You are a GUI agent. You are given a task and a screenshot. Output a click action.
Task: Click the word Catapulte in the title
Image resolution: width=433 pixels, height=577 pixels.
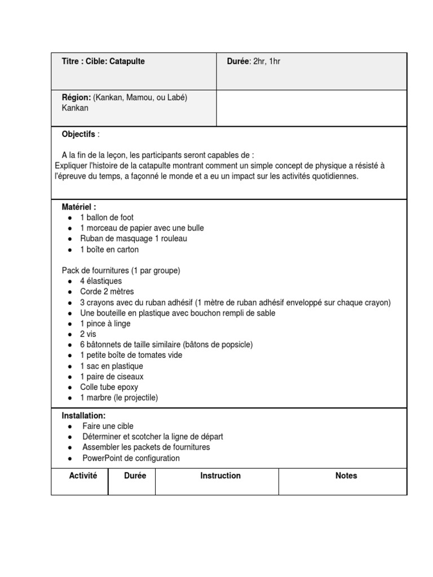pyautogui.click(x=127, y=61)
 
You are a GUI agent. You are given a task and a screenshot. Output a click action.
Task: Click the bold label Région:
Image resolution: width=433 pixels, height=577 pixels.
pyautogui.click(x=76, y=97)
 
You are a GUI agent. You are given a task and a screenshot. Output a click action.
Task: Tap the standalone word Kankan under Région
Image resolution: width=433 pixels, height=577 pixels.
pyautogui.click(x=75, y=108)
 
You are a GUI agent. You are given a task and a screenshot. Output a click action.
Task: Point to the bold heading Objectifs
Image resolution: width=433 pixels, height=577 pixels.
pyautogui.click(x=78, y=134)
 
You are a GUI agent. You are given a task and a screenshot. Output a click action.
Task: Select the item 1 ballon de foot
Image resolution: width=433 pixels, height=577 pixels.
pyautogui.click(x=107, y=218)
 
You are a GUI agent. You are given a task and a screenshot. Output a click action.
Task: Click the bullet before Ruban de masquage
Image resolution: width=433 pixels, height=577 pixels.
pyautogui.click(x=69, y=239)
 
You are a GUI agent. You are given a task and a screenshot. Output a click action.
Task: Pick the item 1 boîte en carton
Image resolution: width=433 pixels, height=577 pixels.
pyautogui.click(x=109, y=250)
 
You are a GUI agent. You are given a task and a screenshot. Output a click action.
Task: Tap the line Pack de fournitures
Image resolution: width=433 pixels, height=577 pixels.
pyautogui.click(x=121, y=270)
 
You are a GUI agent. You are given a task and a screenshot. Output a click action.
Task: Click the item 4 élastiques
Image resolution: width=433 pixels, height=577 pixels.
pyautogui.click(x=101, y=281)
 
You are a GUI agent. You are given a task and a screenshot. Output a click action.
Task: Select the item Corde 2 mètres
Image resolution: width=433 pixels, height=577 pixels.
pyautogui.click(x=107, y=292)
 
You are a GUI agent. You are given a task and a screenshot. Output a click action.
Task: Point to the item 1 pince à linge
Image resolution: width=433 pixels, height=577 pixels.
pyautogui.click(x=105, y=323)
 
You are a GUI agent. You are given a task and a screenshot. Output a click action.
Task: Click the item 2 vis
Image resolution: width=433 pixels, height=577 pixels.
pyautogui.click(x=89, y=334)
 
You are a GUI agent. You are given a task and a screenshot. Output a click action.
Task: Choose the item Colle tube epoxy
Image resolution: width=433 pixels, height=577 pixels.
pyautogui.click(x=109, y=387)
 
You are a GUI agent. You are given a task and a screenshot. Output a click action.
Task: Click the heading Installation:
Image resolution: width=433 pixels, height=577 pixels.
pyautogui.click(x=83, y=415)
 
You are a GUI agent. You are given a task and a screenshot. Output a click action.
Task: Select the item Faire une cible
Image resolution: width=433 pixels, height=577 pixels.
pyautogui.click(x=108, y=426)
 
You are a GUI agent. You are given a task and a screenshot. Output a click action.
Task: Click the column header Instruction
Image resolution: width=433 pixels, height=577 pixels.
pyautogui.click(x=220, y=476)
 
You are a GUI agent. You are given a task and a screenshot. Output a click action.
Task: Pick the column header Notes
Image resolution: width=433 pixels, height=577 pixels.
pyautogui.click(x=346, y=476)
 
